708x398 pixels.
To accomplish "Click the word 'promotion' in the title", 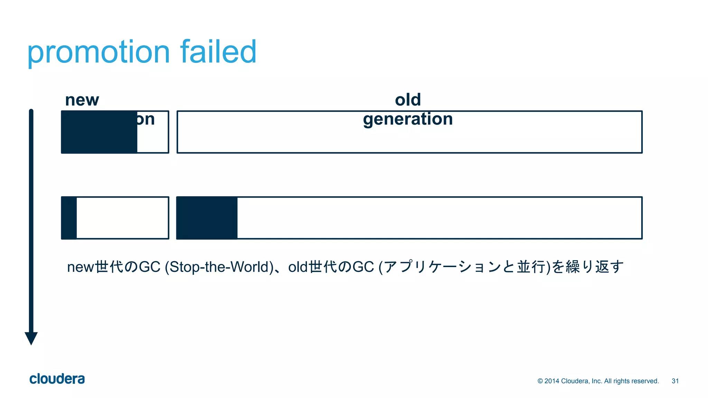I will click(99, 53).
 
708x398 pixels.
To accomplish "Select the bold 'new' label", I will click(82, 100).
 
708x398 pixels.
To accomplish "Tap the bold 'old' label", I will click(408, 100).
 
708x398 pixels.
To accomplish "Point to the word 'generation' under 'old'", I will click(408, 119).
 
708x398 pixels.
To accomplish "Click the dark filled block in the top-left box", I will click(99, 132).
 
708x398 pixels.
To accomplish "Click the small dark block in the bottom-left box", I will click(69, 218).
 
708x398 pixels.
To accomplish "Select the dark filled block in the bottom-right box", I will click(207, 218).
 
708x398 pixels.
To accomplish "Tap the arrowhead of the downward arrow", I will click(31, 338).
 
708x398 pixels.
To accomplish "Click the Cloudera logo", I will click(57, 379).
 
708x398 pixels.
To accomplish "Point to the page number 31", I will click(675, 381).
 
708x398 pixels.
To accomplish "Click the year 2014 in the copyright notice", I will click(552, 381).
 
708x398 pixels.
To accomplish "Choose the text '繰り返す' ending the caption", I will click(595, 267).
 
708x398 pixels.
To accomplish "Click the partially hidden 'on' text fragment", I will click(146, 120).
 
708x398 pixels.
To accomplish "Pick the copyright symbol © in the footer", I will click(540, 381).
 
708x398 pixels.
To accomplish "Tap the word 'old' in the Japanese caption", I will click(298, 267).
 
